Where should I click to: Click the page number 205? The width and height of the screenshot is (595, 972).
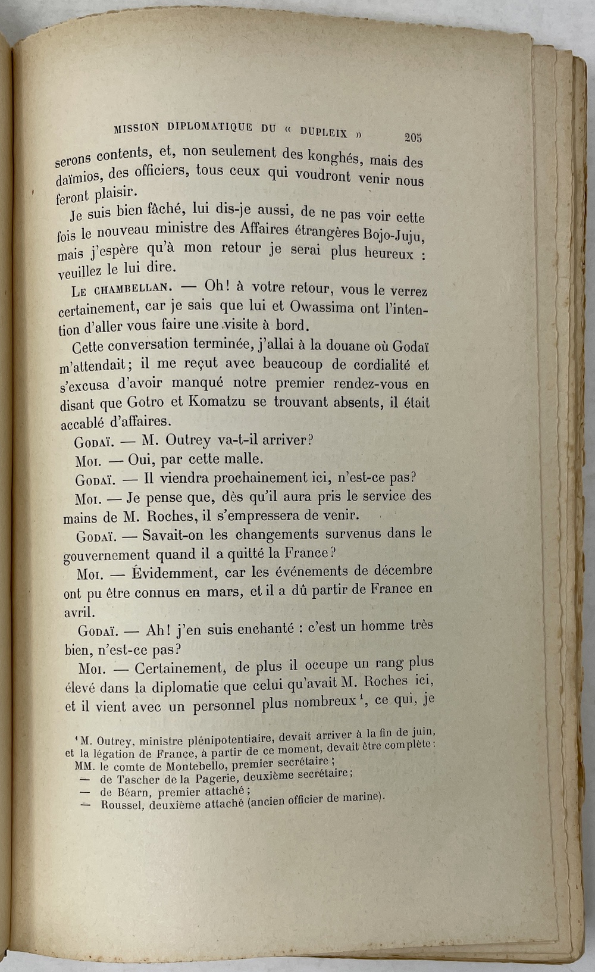[412, 137]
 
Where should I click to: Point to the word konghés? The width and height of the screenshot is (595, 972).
[333, 156]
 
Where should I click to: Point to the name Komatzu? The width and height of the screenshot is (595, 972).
[219, 401]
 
